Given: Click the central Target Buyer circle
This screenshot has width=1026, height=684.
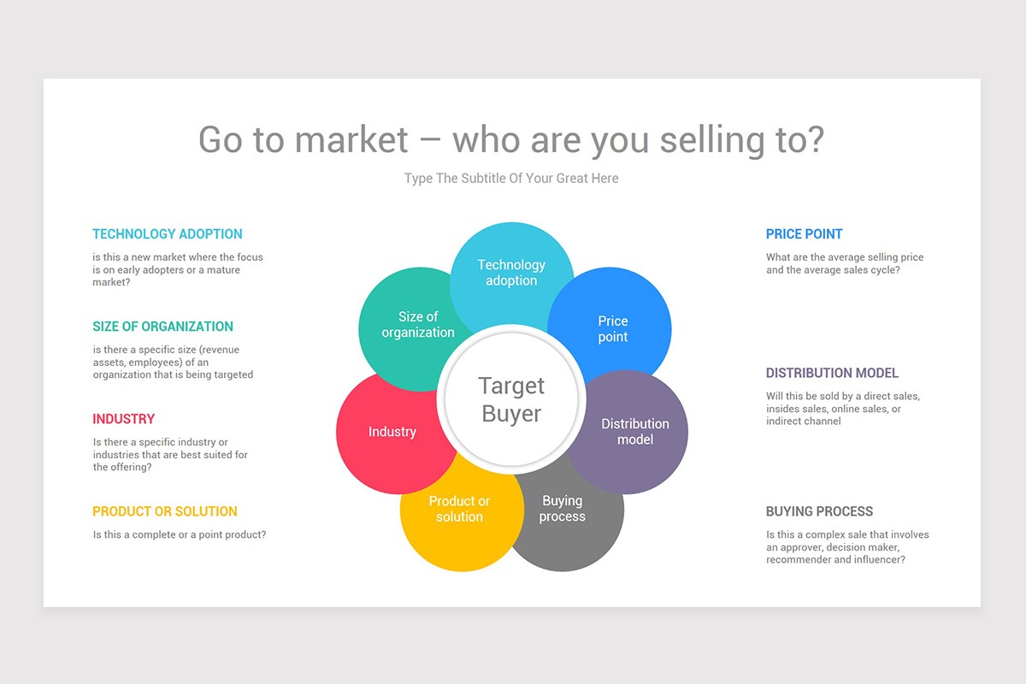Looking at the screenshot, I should [511, 400].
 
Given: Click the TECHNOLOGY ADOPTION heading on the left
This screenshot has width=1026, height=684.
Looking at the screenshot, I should [168, 234].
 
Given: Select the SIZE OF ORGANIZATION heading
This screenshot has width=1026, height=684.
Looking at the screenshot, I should [162, 327].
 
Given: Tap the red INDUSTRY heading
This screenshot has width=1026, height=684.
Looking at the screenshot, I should [124, 419].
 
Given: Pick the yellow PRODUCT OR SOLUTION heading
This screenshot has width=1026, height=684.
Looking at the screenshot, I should [165, 511].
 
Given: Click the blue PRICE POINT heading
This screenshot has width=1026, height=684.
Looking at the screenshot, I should [804, 234].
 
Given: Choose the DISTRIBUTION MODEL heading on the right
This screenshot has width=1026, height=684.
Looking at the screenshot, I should [832, 373].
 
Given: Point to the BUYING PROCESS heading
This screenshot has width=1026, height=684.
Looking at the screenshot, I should [819, 511].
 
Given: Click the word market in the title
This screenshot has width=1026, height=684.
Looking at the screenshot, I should [351, 140].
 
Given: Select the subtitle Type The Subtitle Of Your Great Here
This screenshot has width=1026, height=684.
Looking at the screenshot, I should [511, 179].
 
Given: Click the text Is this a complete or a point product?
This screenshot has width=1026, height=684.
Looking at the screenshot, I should [180, 535].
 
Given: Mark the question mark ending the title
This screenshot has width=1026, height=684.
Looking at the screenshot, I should [815, 140].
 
